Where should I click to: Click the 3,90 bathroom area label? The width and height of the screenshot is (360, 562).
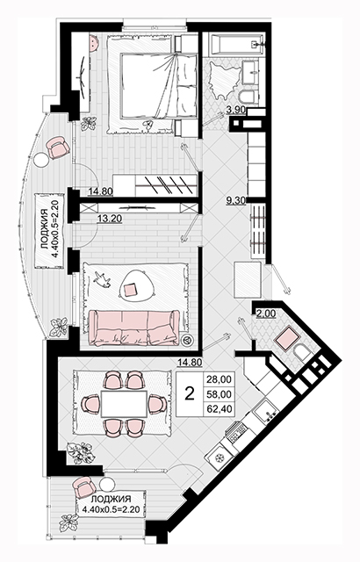pos(235,110)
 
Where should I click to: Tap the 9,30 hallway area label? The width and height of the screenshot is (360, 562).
pos(235,201)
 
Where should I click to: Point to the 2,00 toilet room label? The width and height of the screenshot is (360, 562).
pos(266,313)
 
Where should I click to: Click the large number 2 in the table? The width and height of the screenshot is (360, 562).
pos(189,394)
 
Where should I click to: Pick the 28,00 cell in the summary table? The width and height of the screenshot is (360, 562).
pos(220,379)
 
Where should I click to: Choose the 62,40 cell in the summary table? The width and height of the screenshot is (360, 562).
pos(220,408)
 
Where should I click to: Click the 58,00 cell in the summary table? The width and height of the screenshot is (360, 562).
pos(220,394)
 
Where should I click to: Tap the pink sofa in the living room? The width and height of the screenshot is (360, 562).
pos(134,326)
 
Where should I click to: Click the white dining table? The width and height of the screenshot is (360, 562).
pos(124,404)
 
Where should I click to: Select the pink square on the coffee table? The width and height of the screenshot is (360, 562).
pos(130,289)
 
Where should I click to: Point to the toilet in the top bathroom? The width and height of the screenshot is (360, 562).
pos(248,97)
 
